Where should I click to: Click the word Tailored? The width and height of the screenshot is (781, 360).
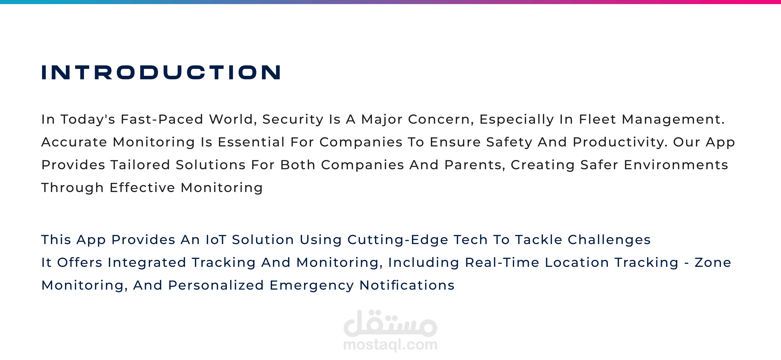140,165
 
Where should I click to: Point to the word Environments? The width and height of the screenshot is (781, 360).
676,165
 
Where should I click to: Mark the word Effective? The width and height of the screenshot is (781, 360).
142,187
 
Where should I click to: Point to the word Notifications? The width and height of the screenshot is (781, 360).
407,285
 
